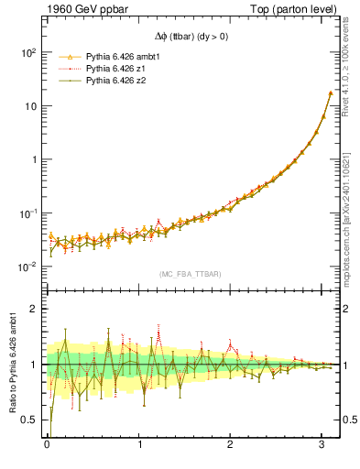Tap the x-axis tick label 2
231,445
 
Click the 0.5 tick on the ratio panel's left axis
27,420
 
